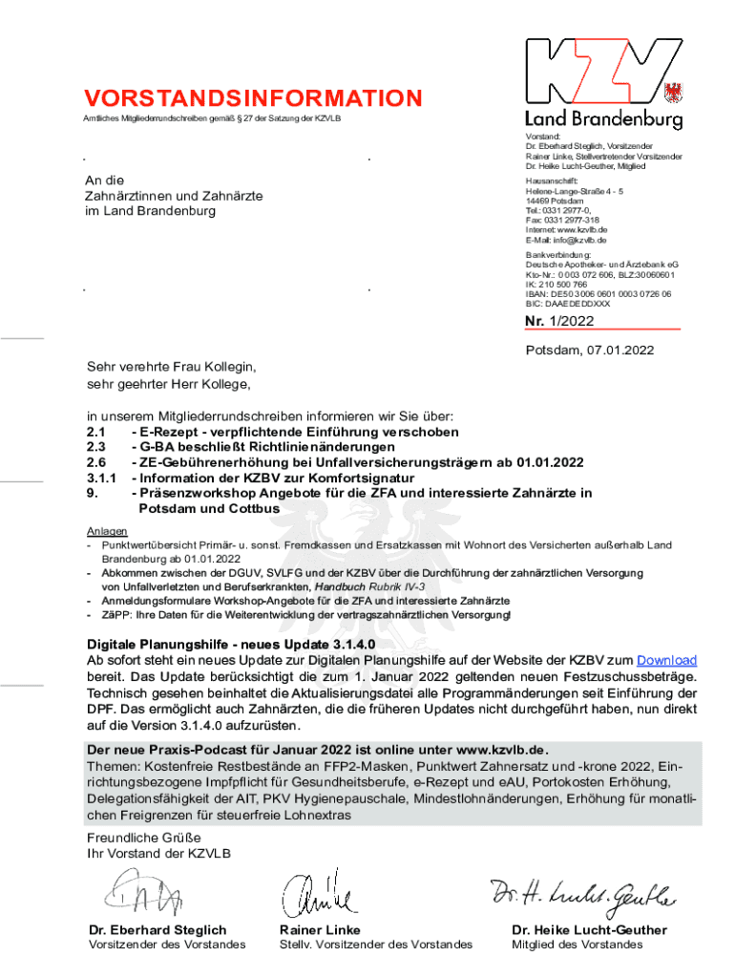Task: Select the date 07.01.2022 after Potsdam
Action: pyautogui.click(x=619, y=351)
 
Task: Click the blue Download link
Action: pyautogui.click(x=666, y=660)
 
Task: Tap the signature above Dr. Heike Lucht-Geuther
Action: pyautogui.click(x=583, y=896)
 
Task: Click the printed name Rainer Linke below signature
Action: pyautogui.click(x=320, y=930)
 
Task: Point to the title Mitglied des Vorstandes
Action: pyautogui.click(x=577, y=945)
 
